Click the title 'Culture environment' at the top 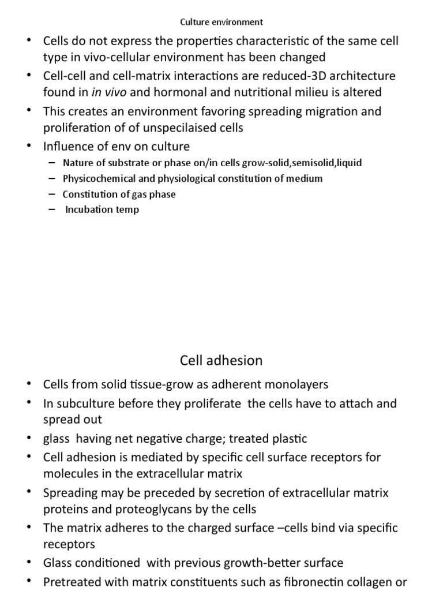pyautogui.click(x=221, y=22)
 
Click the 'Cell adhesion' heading pyautogui.click(x=221, y=361)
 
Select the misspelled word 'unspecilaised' pyautogui.click(x=168, y=128)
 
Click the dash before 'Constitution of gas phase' pyautogui.click(x=53, y=194)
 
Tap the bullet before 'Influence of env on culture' pyautogui.click(x=29, y=147)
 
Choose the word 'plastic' pyautogui.click(x=288, y=439)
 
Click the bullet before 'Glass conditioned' pyautogui.click(x=29, y=563)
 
